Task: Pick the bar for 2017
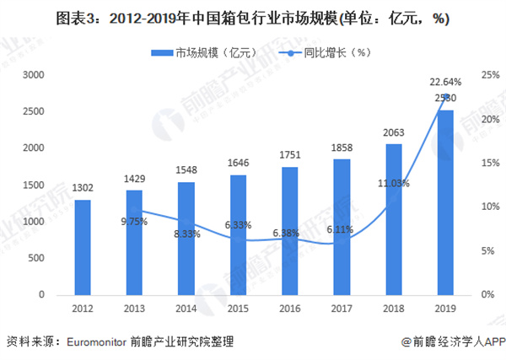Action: pos(342,227)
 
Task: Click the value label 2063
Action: pos(395,134)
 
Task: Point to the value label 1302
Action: pos(82,190)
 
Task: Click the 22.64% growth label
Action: pos(445,82)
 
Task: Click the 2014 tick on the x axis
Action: pos(186,308)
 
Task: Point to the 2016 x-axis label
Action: pos(290,308)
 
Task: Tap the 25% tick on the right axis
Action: pos(487,75)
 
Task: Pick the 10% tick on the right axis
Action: pos(487,207)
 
